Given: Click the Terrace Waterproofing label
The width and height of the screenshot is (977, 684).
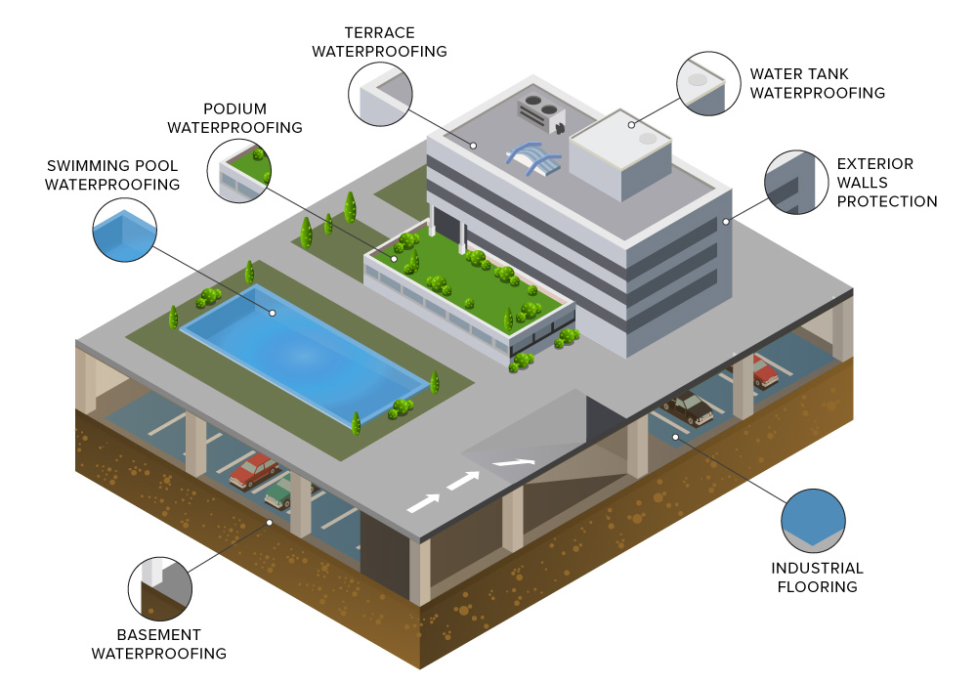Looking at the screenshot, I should pyautogui.click(x=379, y=42).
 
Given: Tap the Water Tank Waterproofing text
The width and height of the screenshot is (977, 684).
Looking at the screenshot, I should pyautogui.click(x=817, y=83).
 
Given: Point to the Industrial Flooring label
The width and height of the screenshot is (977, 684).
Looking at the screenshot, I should pyautogui.click(x=817, y=577).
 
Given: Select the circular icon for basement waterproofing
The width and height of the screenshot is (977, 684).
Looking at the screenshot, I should pyautogui.click(x=161, y=588).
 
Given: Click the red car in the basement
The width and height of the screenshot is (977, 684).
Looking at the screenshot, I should pyautogui.click(x=254, y=469).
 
